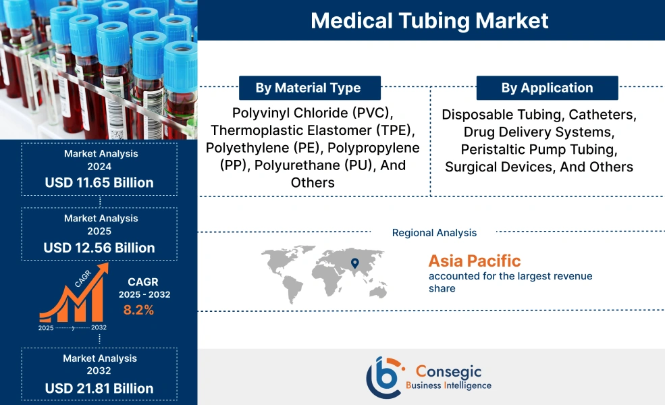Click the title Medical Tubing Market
coord(429,20)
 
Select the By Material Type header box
coord(310,88)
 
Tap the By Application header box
coord(547,88)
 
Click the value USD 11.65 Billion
coord(99,183)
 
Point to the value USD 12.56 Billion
coord(99,248)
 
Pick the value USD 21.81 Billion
coord(99,388)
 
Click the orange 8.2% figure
coord(138,310)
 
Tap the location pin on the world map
coord(355,263)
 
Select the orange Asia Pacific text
coord(475,261)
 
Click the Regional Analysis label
coord(434,233)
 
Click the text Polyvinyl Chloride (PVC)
coord(313,113)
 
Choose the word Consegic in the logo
coord(449,371)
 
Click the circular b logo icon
coord(383,377)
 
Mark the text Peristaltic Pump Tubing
coord(539,150)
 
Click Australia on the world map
coord(378,292)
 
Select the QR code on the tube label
coord(117,134)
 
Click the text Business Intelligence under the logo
coord(449,385)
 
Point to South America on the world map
coord(292,289)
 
